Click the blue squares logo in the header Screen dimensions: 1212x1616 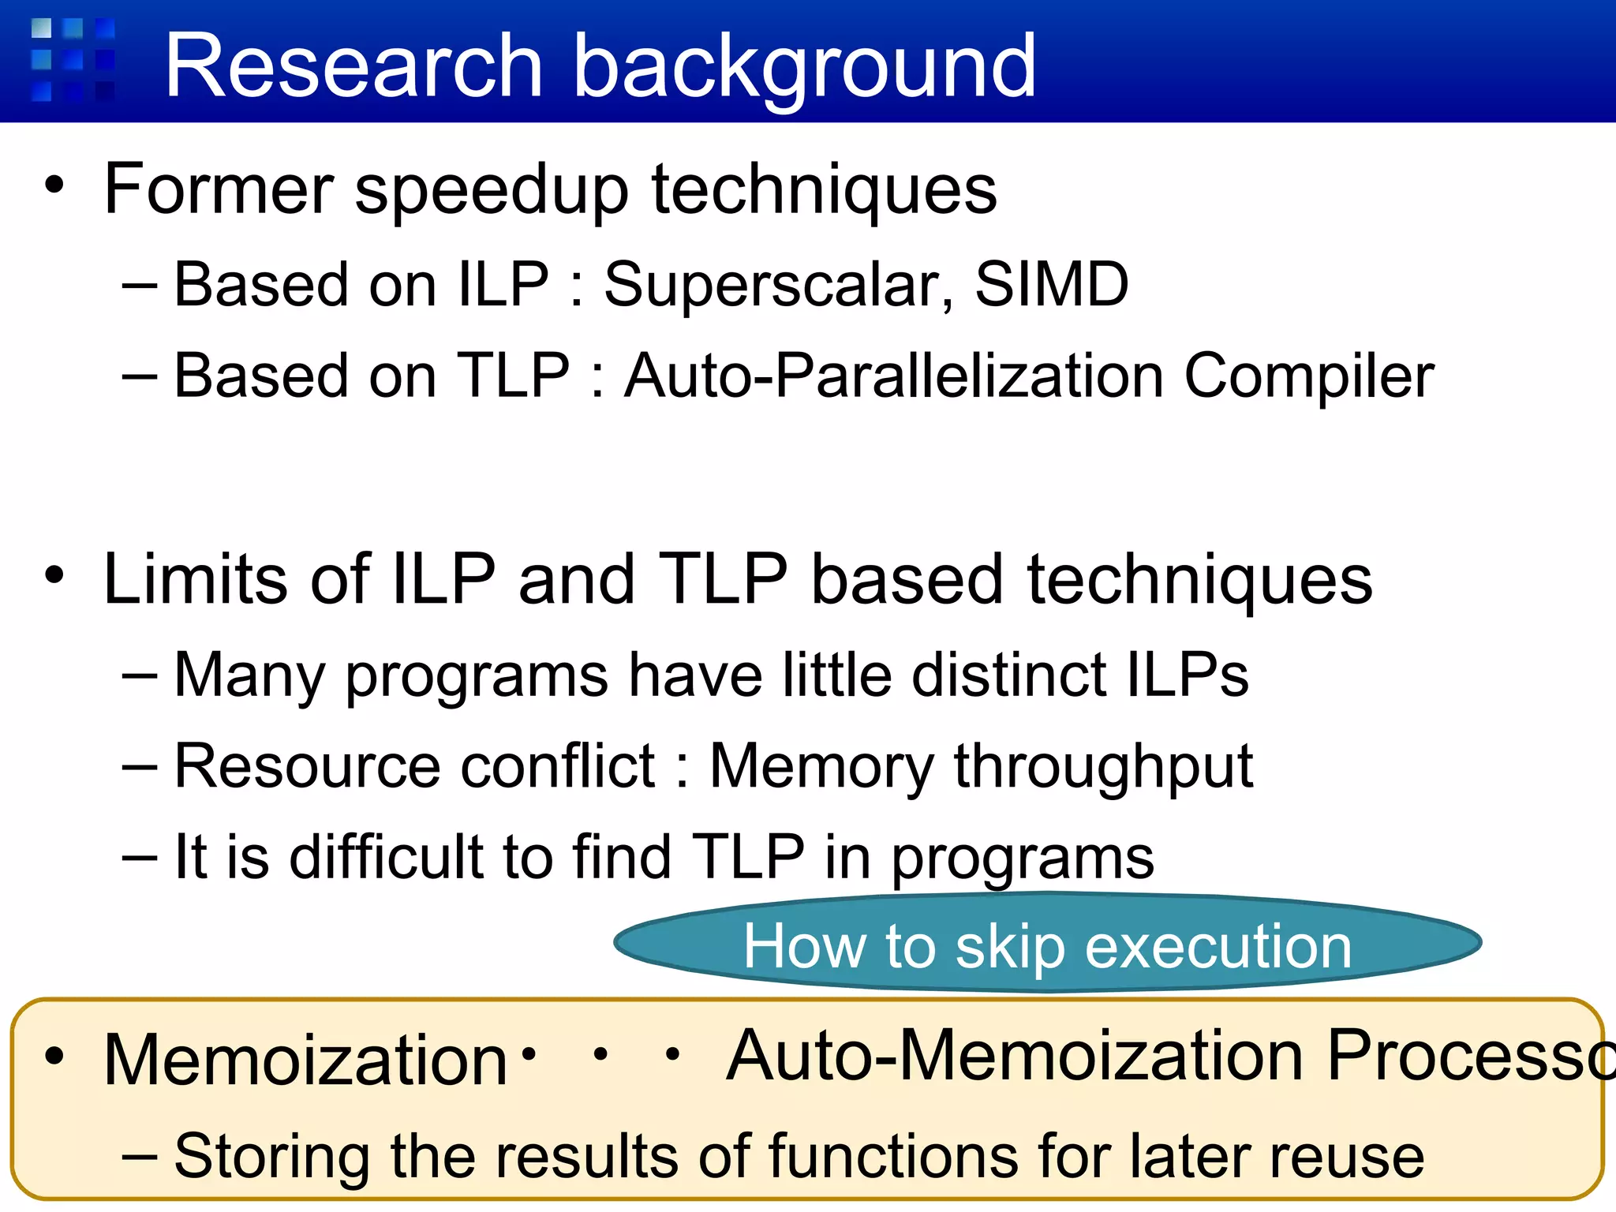coord(73,60)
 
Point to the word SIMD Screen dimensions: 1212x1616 coord(1052,284)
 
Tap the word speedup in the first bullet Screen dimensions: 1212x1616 coord(492,191)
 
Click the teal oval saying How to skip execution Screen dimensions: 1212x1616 coord(1047,943)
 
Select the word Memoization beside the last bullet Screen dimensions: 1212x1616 coord(305,1060)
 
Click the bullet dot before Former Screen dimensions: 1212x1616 coord(54,186)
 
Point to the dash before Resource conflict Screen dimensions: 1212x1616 coord(140,766)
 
